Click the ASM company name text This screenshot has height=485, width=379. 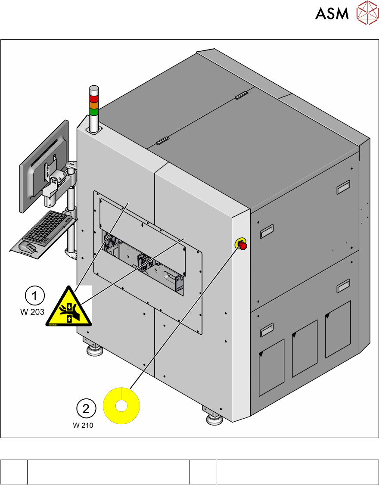click(x=332, y=14)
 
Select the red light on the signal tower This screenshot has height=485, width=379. click(x=94, y=98)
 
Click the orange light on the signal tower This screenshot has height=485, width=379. click(x=94, y=106)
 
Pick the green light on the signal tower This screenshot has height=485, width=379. click(x=94, y=112)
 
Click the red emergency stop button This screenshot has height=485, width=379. click(x=242, y=246)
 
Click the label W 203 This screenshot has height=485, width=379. click(x=32, y=312)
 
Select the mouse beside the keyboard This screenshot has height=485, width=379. click(x=28, y=247)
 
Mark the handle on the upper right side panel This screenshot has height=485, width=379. click(x=343, y=187)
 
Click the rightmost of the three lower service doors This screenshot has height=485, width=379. click(x=338, y=330)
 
